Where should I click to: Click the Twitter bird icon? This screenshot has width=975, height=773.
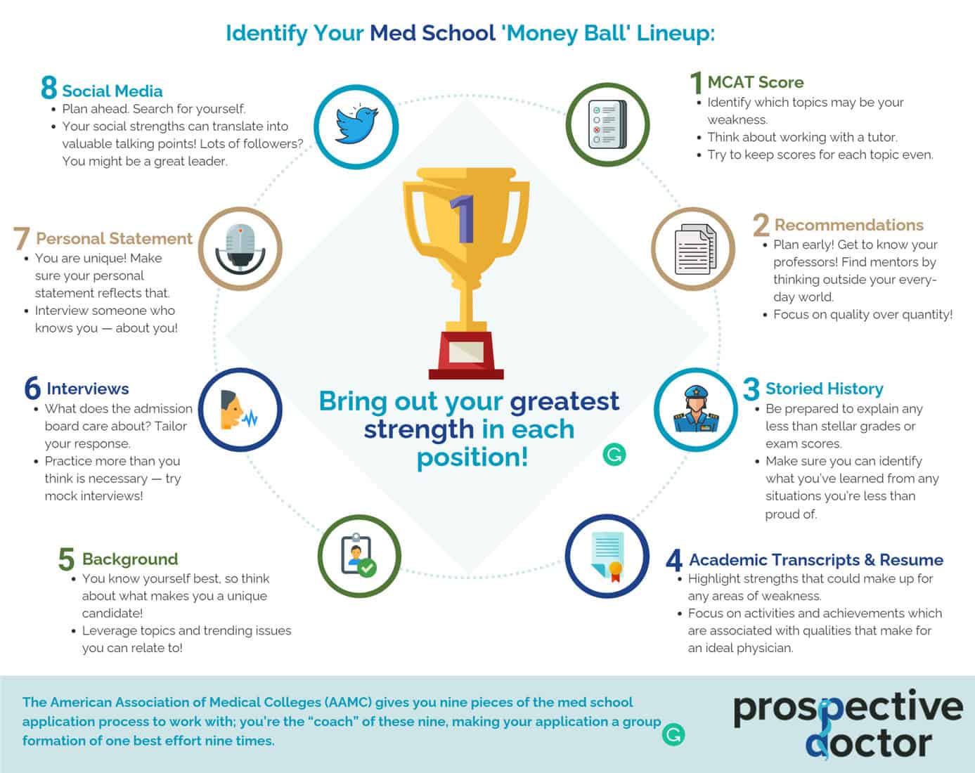click(x=356, y=125)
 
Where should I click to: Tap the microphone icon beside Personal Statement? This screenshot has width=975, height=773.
click(x=240, y=249)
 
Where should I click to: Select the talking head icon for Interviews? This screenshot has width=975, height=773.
click(x=240, y=410)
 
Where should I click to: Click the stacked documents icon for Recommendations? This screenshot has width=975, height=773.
click(x=694, y=249)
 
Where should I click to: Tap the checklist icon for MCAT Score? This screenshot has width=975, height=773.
click(x=607, y=125)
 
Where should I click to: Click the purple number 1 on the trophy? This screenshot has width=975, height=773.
click(x=464, y=219)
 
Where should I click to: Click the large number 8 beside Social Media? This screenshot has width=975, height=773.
click(x=49, y=89)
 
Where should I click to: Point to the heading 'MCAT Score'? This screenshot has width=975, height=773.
click(x=755, y=82)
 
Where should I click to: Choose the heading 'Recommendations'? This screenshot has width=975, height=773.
click(x=848, y=225)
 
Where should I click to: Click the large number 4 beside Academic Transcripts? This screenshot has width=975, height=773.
click(x=673, y=560)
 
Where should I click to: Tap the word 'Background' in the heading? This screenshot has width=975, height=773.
click(x=130, y=559)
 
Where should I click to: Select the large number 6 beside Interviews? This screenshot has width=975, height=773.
click(x=32, y=389)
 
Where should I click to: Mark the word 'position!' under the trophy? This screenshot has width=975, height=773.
click(x=472, y=457)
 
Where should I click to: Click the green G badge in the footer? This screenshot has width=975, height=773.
click(x=673, y=734)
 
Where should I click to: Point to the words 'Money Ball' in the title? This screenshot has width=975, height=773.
click(x=567, y=33)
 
